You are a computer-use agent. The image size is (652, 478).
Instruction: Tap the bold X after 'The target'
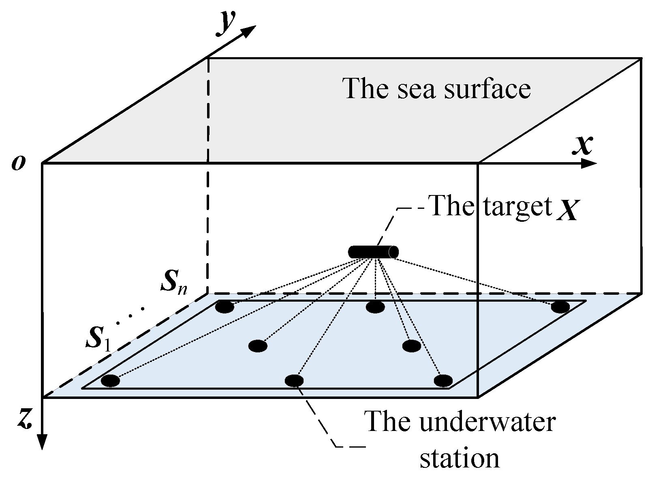566,211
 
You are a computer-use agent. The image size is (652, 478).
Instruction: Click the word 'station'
459,458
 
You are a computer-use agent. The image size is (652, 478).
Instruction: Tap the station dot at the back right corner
560,307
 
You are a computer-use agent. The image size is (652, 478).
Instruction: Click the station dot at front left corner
110,380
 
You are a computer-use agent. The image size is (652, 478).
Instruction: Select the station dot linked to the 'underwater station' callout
294,380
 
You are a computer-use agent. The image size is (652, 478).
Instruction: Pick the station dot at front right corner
443,380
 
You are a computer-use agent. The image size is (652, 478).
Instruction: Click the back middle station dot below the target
375,307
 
